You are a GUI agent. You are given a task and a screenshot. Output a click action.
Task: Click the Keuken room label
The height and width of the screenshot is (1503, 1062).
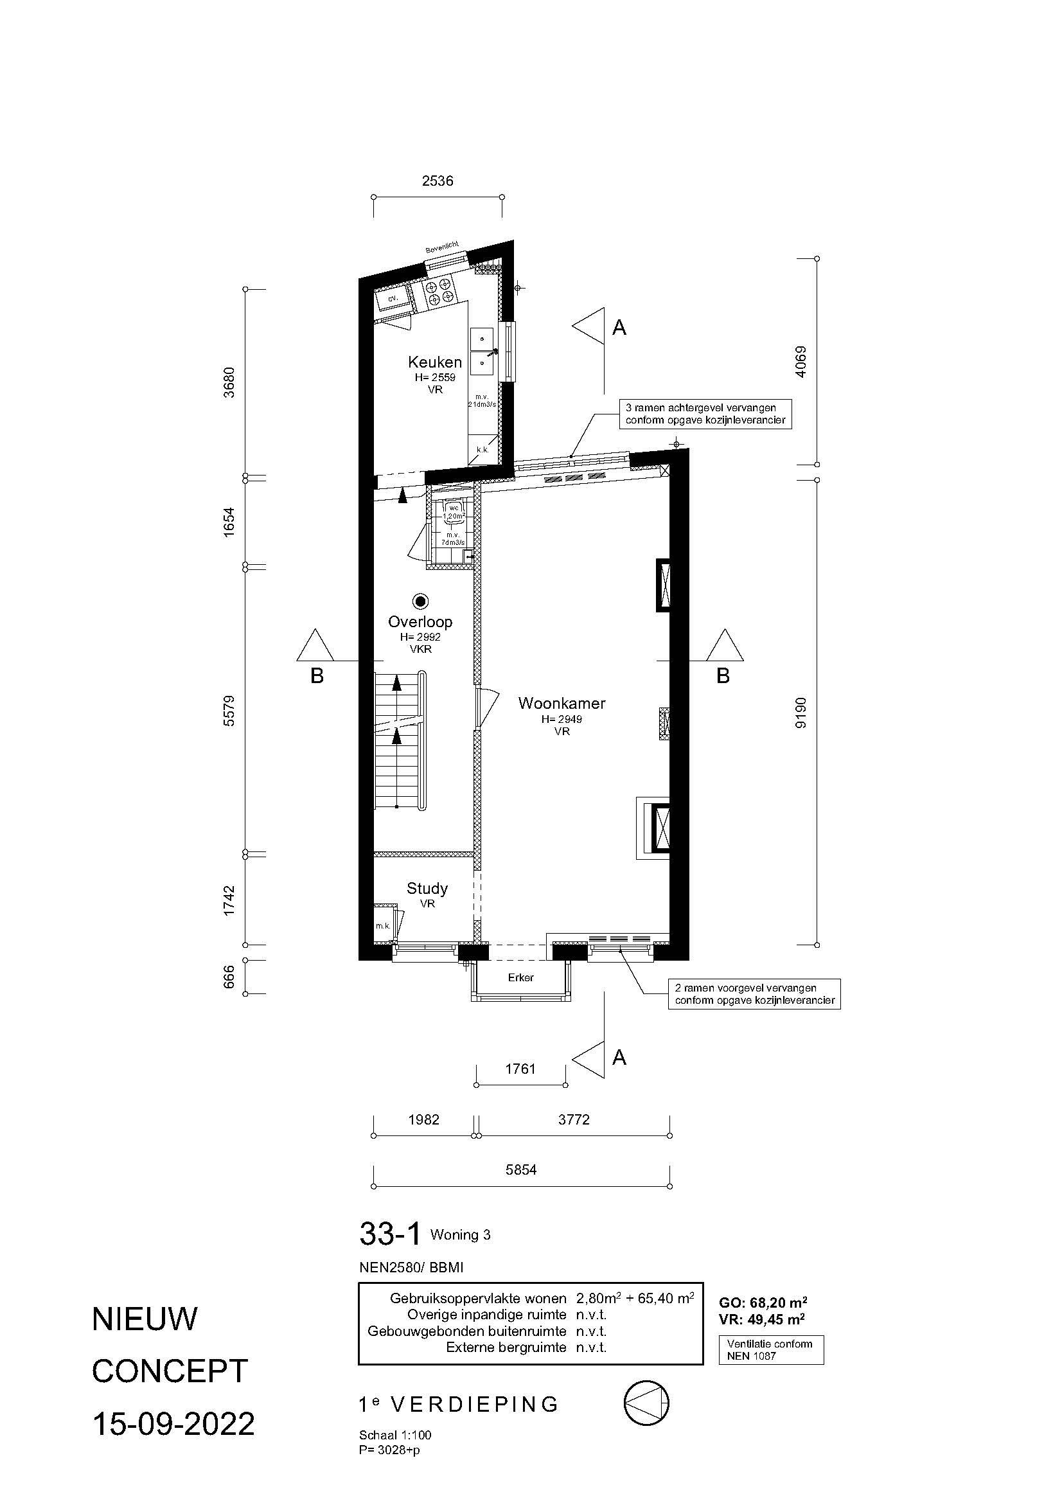(x=434, y=362)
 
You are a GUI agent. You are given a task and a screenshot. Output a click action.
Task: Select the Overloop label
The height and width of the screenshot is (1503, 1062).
(x=420, y=622)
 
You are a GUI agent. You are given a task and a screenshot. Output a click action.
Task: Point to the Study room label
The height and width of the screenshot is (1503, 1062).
(x=427, y=888)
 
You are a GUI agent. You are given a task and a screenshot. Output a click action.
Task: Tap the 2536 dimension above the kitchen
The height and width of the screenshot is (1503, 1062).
(x=438, y=181)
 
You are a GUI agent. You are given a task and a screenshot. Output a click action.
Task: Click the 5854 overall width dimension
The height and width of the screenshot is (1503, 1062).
(x=521, y=1169)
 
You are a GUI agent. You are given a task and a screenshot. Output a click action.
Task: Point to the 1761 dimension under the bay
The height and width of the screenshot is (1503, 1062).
(x=520, y=1069)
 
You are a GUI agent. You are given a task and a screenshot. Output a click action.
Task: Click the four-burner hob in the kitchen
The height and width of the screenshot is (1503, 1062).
(x=439, y=291)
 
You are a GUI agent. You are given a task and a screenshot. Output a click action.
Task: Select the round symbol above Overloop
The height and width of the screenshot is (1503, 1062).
(x=420, y=601)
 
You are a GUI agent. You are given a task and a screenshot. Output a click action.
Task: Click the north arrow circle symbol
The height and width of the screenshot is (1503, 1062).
(x=647, y=1403)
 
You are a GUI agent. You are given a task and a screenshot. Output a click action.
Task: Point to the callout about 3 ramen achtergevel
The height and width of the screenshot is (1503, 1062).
(x=705, y=414)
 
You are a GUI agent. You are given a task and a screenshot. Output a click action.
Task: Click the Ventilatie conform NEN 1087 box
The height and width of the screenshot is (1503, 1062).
(x=771, y=1350)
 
